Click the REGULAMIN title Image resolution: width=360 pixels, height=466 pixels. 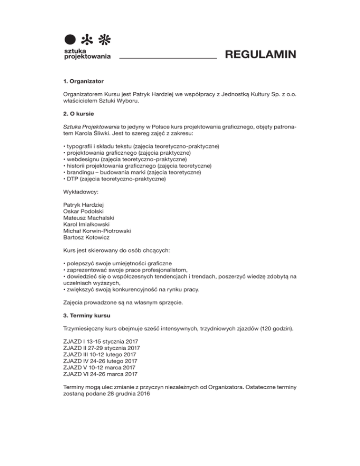[x=260, y=55]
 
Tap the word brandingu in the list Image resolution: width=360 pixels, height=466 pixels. [x=78, y=173]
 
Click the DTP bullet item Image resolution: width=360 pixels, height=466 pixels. [x=70, y=179]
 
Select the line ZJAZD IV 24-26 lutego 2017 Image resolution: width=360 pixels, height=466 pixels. [x=100, y=361]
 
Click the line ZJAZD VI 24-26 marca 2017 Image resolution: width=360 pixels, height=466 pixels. [x=100, y=374]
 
